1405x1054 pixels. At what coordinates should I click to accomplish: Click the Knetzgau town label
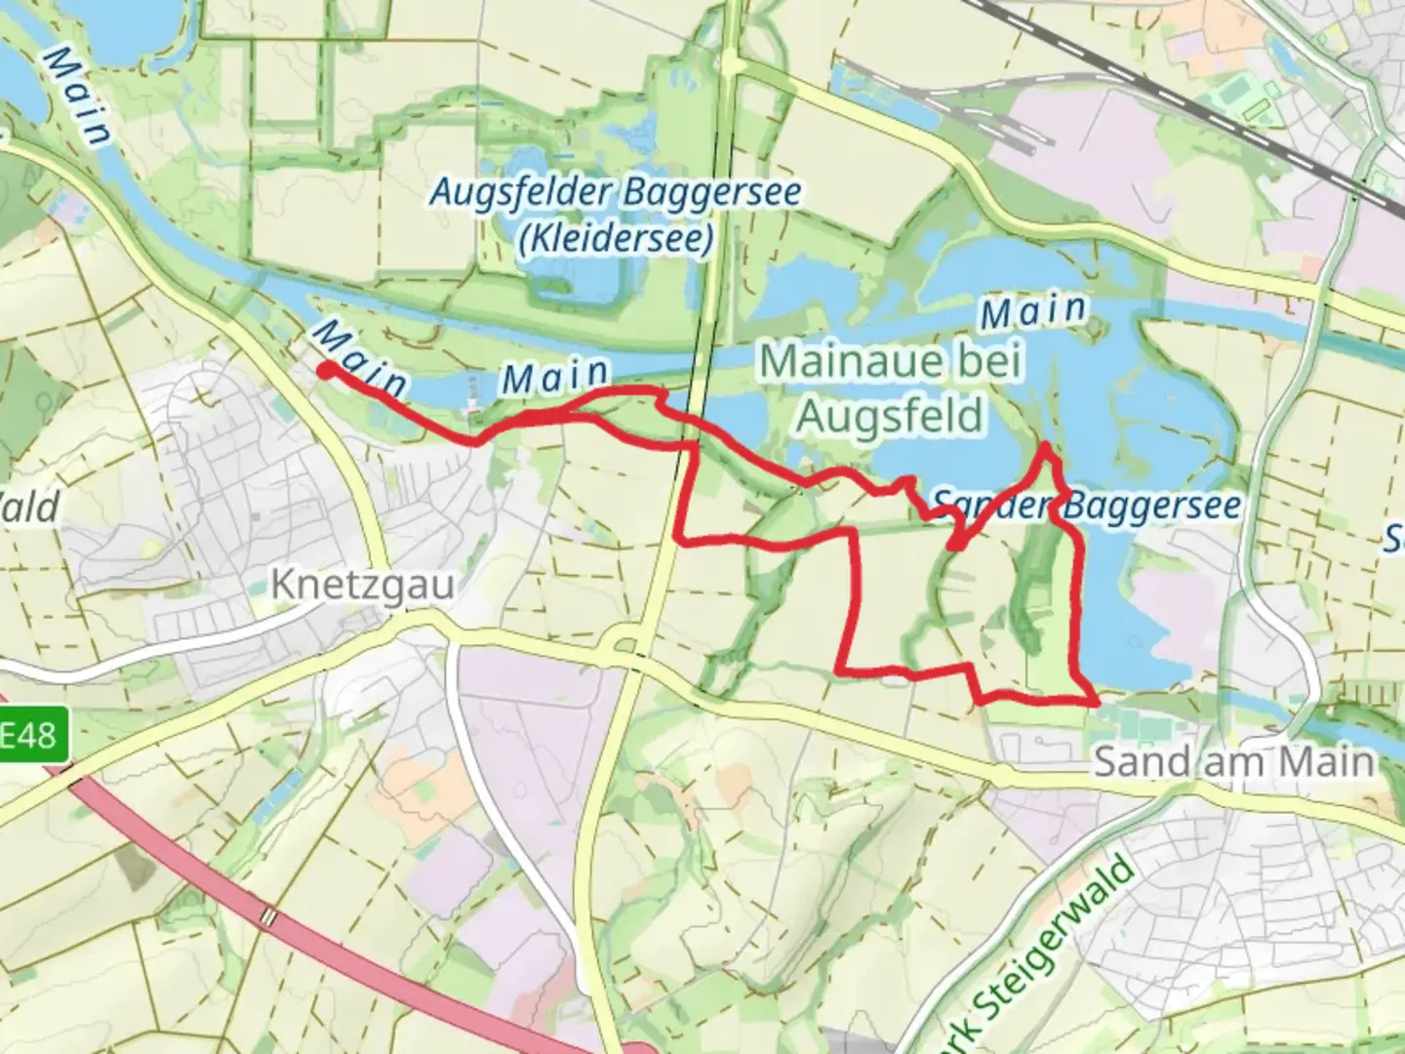(362, 586)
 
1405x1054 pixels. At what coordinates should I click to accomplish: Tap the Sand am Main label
(1233, 761)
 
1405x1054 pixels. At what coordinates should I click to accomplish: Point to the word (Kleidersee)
(616, 239)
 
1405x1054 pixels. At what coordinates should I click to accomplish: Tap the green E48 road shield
(32, 734)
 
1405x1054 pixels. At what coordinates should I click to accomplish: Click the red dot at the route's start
(325, 370)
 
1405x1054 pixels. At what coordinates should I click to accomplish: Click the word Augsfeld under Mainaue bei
(889, 417)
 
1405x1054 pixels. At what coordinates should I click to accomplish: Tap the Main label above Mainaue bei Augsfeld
(1033, 312)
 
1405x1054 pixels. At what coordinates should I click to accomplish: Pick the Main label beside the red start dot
(359, 358)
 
